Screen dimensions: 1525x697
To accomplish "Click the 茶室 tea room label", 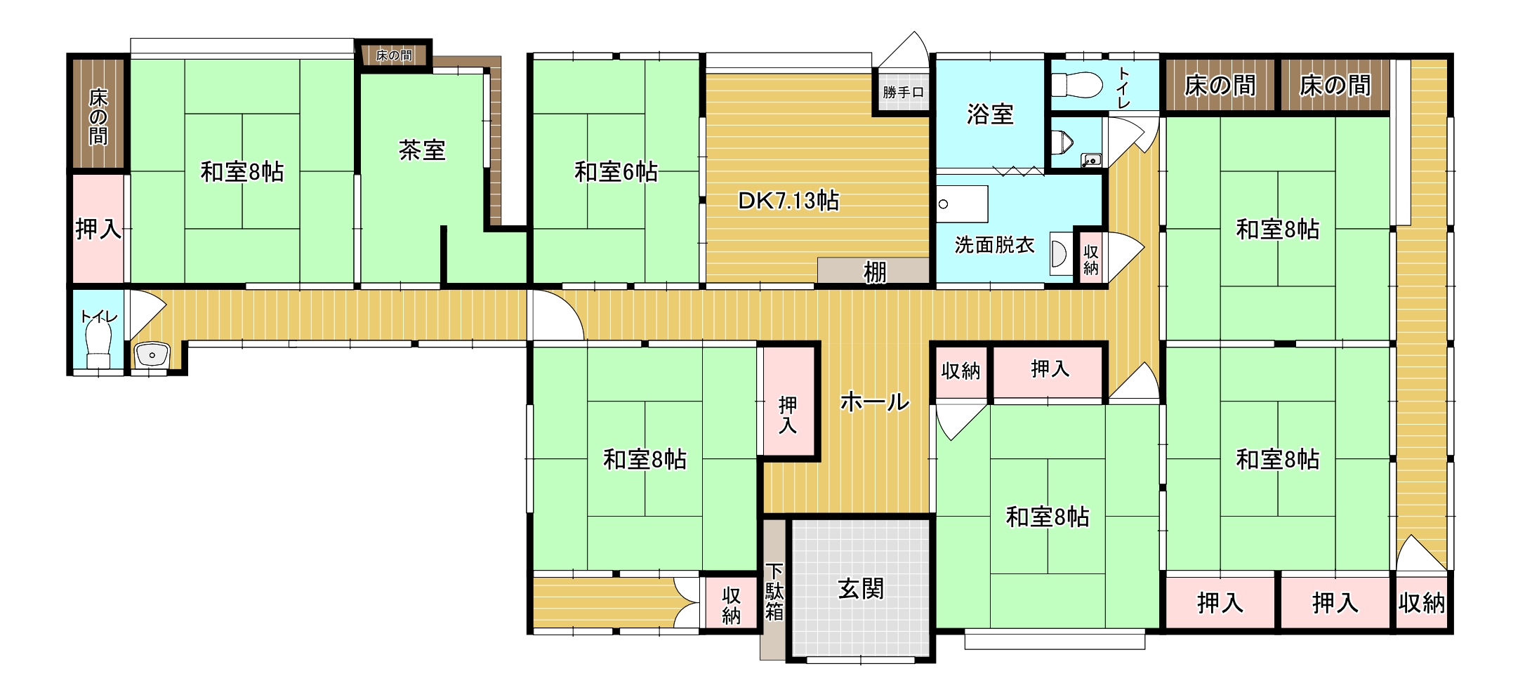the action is pyautogui.click(x=422, y=150).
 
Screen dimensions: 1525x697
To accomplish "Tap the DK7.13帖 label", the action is pyautogui.click(x=788, y=201).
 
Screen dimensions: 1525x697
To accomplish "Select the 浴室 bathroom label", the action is pyautogui.click(x=990, y=114).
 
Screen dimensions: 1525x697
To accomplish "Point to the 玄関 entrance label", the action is pyautogui.click(x=861, y=589).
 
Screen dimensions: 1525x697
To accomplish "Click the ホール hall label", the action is pyautogui.click(x=875, y=401).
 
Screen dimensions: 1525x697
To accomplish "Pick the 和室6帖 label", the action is pyautogui.click(x=616, y=172).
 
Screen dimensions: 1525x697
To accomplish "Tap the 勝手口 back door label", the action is pyautogui.click(x=904, y=92).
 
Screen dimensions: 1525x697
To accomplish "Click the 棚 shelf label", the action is pyautogui.click(x=875, y=272).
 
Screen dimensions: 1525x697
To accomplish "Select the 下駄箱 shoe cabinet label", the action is pyautogui.click(x=774, y=591).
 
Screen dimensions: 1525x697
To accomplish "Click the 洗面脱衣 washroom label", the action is pyautogui.click(x=995, y=245).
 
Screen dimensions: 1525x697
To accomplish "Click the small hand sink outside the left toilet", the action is pyautogui.click(x=152, y=355).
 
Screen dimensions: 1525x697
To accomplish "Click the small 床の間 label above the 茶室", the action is pyautogui.click(x=394, y=55).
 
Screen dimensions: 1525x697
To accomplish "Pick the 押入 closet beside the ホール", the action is pyautogui.click(x=788, y=415).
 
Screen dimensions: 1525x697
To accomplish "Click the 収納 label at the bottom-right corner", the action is pyautogui.click(x=1422, y=603).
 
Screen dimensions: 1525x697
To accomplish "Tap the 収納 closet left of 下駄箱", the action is pyautogui.click(x=732, y=605).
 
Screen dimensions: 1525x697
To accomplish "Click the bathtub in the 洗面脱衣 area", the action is pyautogui.click(x=963, y=204).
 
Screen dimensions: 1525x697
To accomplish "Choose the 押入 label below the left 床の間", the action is pyautogui.click(x=98, y=229).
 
